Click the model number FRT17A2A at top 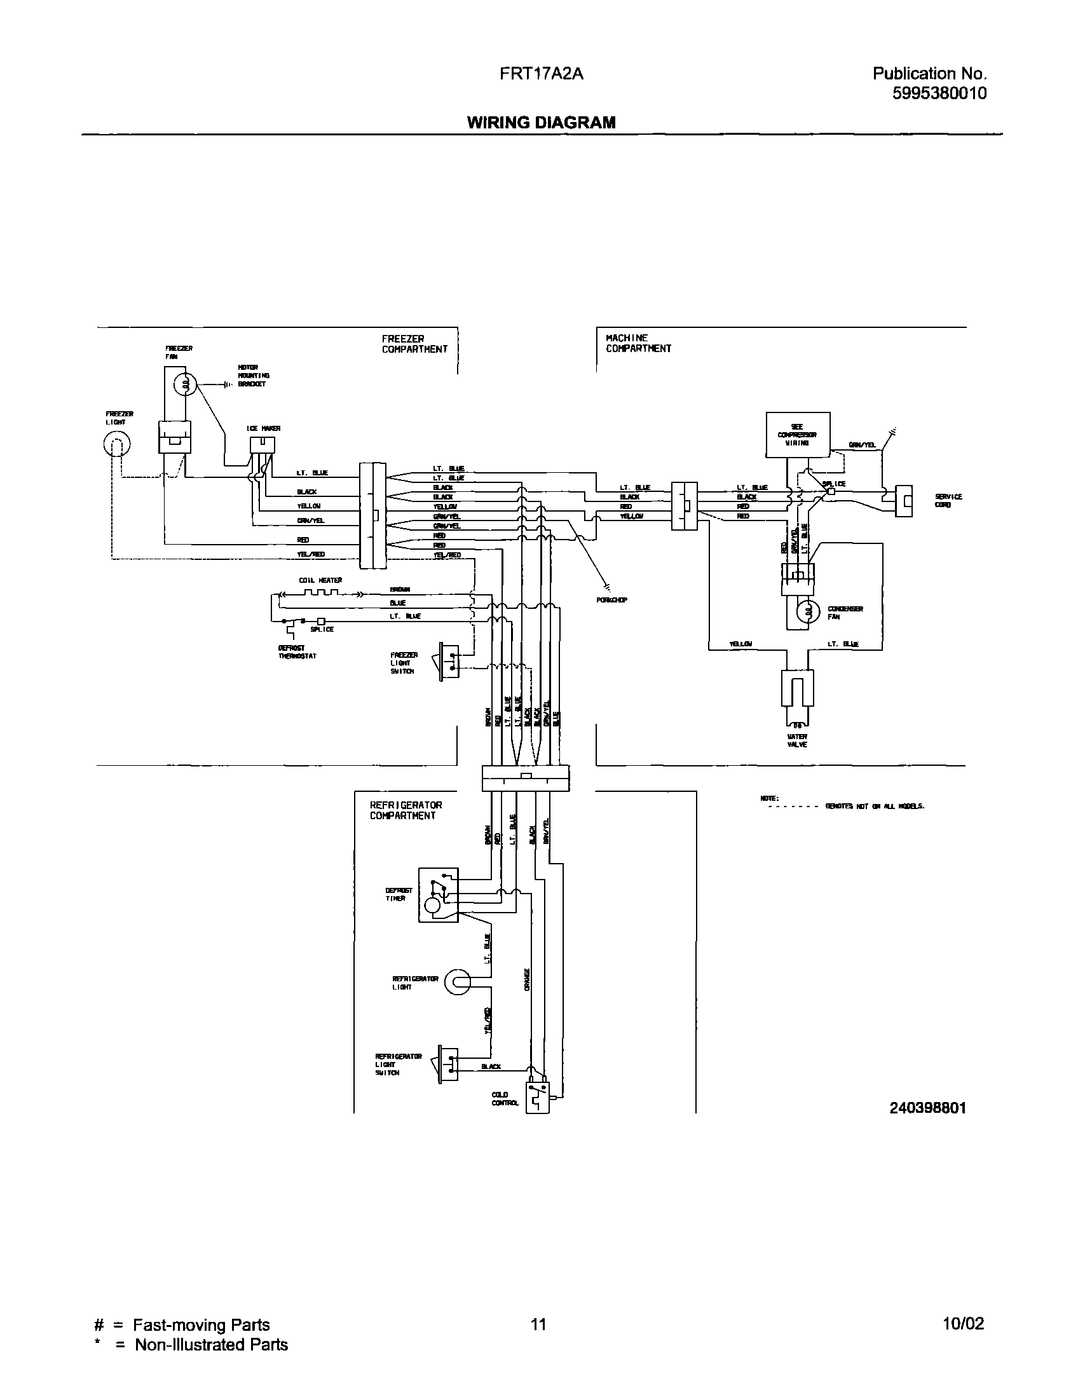point(542,74)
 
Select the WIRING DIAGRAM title point(541,123)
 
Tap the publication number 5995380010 point(939,93)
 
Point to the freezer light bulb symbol point(116,444)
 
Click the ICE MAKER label point(263,428)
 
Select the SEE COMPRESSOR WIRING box point(797,435)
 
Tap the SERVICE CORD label point(948,501)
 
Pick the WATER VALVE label point(797,740)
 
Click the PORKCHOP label point(611,600)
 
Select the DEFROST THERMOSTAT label point(297,652)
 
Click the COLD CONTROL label point(505,1099)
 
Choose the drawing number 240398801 point(927,1108)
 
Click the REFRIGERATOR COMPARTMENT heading point(406,810)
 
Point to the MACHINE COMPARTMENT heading point(638,343)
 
